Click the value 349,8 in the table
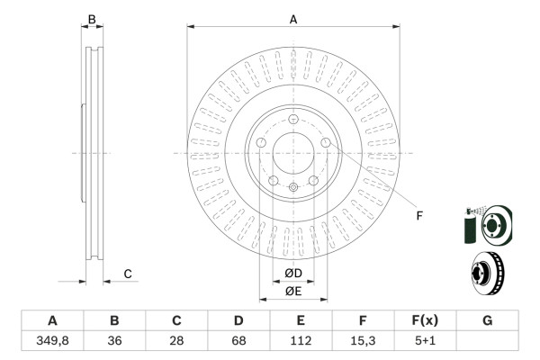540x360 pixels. pyautogui.click(x=52, y=341)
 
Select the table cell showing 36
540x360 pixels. pyautogui.click(x=114, y=341)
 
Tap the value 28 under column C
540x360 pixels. pyautogui.click(x=177, y=341)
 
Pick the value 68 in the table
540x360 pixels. pyautogui.click(x=238, y=341)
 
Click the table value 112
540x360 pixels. pyautogui.click(x=301, y=341)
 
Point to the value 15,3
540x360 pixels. pyautogui.click(x=363, y=341)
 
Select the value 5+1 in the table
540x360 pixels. pyautogui.click(x=425, y=341)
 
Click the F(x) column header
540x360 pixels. pyautogui.click(x=425, y=321)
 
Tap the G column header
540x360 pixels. pyautogui.click(x=487, y=321)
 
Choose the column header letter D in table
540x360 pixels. pyautogui.click(x=238, y=321)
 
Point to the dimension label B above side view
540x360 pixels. pyautogui.click(x=91, y=18)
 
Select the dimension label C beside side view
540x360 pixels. pyautogui.click(x=128, y=274)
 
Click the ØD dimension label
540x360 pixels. pyautogui.click(x=293, y=274)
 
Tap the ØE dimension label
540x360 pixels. pyautogui.click(x=293, y=291)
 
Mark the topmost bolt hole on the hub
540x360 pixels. pyautogui.click(x=293, y=121)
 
